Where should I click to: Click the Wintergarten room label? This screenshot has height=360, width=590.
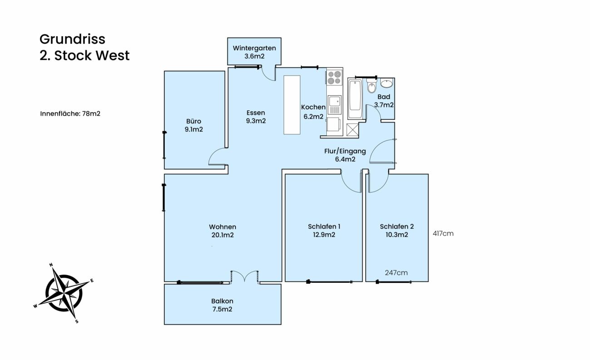[x=254, y=48]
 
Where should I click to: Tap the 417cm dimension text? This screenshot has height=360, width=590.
[x=443, y=233]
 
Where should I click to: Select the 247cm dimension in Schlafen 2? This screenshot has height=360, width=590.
[x=396, y=273]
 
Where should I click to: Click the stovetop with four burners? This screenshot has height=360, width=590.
[x=334, y=77]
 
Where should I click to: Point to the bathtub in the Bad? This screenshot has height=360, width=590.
[x=355, y=99]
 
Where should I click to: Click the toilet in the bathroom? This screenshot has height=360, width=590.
[x=371, y=86]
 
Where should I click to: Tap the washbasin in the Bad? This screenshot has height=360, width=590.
[x=387, y=83]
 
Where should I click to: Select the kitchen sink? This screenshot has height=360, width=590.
[x=334, y=105]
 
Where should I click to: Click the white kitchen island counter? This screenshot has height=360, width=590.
[x=292, y=105]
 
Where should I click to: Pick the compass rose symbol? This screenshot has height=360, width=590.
[x=64, y=293]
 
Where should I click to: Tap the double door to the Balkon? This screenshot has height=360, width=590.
[x=245, y=277]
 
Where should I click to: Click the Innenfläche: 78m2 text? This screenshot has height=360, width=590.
[x=70, y=114]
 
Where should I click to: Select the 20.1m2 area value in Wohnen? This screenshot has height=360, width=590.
[x=222, y=235]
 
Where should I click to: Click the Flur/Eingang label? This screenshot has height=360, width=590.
[x=345, y=151]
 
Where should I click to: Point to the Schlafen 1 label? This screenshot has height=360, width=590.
[x=324, y=227]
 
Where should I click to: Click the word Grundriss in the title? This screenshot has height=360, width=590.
[x=73, y=39]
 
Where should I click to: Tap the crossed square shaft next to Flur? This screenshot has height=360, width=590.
[x=353, y=130]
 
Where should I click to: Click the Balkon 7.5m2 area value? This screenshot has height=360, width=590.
[x=222, y=309]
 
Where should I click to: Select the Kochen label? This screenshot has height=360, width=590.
[x=313, y=107]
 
